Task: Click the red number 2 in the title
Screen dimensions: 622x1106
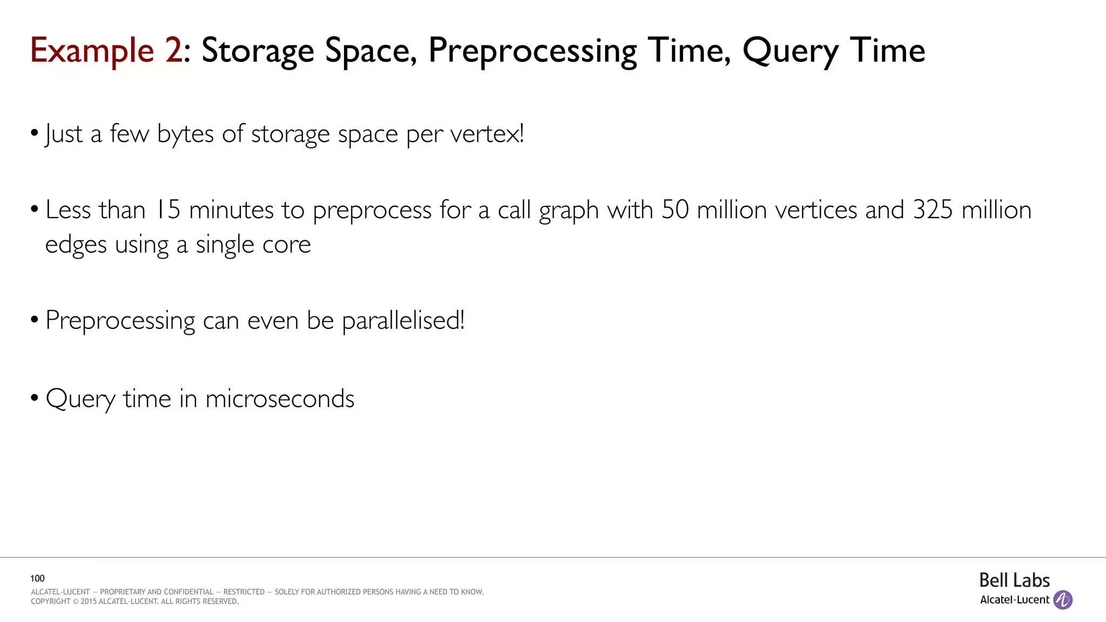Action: pos(173,50)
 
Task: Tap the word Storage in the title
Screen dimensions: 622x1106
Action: pos(258,51)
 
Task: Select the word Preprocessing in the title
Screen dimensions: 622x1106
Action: pos(532,51)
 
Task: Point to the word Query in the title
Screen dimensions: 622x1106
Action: pos(790,51)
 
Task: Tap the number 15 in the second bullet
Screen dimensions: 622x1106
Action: pos(167,209)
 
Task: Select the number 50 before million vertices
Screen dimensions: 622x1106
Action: pos(675,209)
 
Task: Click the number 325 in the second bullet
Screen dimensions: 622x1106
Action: pos(933,209)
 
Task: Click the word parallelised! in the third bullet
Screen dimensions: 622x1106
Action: pos(403,321)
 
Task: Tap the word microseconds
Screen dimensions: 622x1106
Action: pos(280,399)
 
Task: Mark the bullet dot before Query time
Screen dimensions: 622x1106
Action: pos(35,398)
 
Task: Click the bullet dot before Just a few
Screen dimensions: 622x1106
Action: pos(35,133)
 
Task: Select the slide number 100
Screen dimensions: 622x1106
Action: pos(37,578)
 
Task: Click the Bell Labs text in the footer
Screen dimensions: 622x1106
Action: pos(1014,580)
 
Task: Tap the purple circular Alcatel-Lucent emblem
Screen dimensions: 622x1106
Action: pos(1063,600)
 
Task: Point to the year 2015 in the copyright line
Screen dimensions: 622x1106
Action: pos(89,601)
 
